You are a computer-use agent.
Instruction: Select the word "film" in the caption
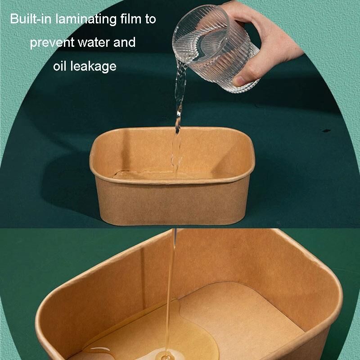click(x=131, y=19)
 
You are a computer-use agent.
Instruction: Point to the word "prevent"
click(x=52, y=43)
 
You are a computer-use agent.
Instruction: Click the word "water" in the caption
click(x=94, y=42)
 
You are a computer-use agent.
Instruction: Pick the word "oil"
click(x=60, y=66)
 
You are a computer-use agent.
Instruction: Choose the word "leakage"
click(x=93, y=67)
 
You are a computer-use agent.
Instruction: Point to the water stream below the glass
click(x=178, y=115)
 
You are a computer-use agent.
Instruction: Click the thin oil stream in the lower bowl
click(x=171, y=292)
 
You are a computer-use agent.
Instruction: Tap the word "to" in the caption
click(x=150, y=19)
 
